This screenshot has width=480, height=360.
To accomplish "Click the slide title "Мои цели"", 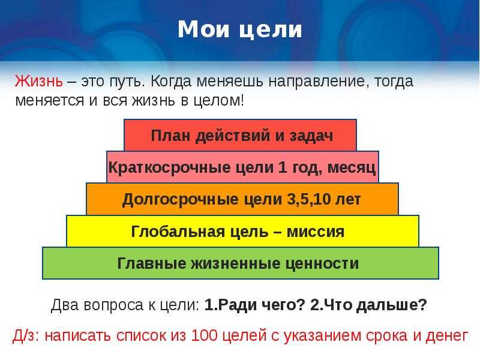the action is coord(240,29).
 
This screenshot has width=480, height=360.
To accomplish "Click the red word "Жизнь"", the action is coord(38,81).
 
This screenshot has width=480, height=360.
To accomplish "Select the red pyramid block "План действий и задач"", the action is coord(241,135).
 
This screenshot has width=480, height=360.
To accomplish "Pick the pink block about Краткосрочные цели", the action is coord(242,167).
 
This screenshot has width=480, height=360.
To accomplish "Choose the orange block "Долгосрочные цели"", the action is coord(242,199).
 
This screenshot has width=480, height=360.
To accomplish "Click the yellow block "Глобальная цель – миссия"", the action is coord(242,231).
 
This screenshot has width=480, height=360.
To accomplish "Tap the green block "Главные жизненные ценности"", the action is coord(241,263).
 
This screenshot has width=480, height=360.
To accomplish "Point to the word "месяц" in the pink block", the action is coord(352,168).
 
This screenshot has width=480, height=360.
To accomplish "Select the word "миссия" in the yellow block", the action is coord(316,232).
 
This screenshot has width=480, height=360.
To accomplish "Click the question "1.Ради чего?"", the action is coord(254,305).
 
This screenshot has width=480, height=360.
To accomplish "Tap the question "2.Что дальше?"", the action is coord(368,305).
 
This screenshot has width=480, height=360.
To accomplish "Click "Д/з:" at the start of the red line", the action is coord(26,336).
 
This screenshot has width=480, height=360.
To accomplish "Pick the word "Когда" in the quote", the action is coord(171,82).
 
